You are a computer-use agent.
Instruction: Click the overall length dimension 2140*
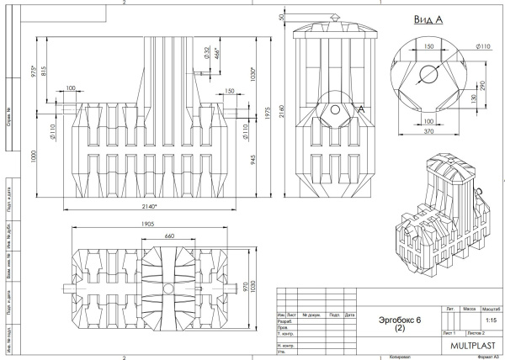click(151, 205)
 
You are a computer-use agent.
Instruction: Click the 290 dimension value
click(483, 85)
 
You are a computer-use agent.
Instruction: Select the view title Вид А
click(429, 18)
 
